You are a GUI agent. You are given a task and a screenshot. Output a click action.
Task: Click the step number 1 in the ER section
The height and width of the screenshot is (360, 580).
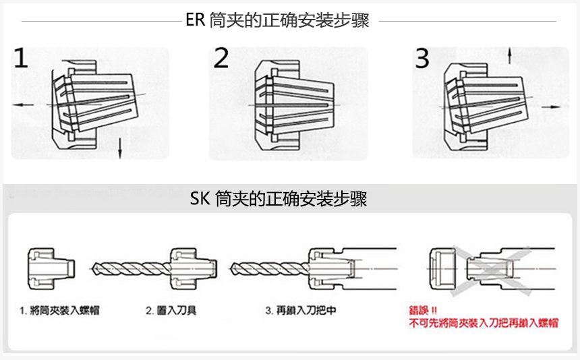point(21,59)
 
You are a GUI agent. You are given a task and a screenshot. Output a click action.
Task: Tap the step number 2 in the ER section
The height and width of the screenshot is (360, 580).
point(221,59)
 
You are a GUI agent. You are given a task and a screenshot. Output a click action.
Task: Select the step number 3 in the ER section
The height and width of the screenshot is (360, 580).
point(422,59)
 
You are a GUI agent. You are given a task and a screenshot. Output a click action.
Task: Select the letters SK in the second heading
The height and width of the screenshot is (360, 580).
point(200,200)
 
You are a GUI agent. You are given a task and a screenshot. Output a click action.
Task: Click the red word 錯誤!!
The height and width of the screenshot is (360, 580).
point(424,311)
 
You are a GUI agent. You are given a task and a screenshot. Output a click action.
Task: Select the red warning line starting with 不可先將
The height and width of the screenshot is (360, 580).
point(484,324)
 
